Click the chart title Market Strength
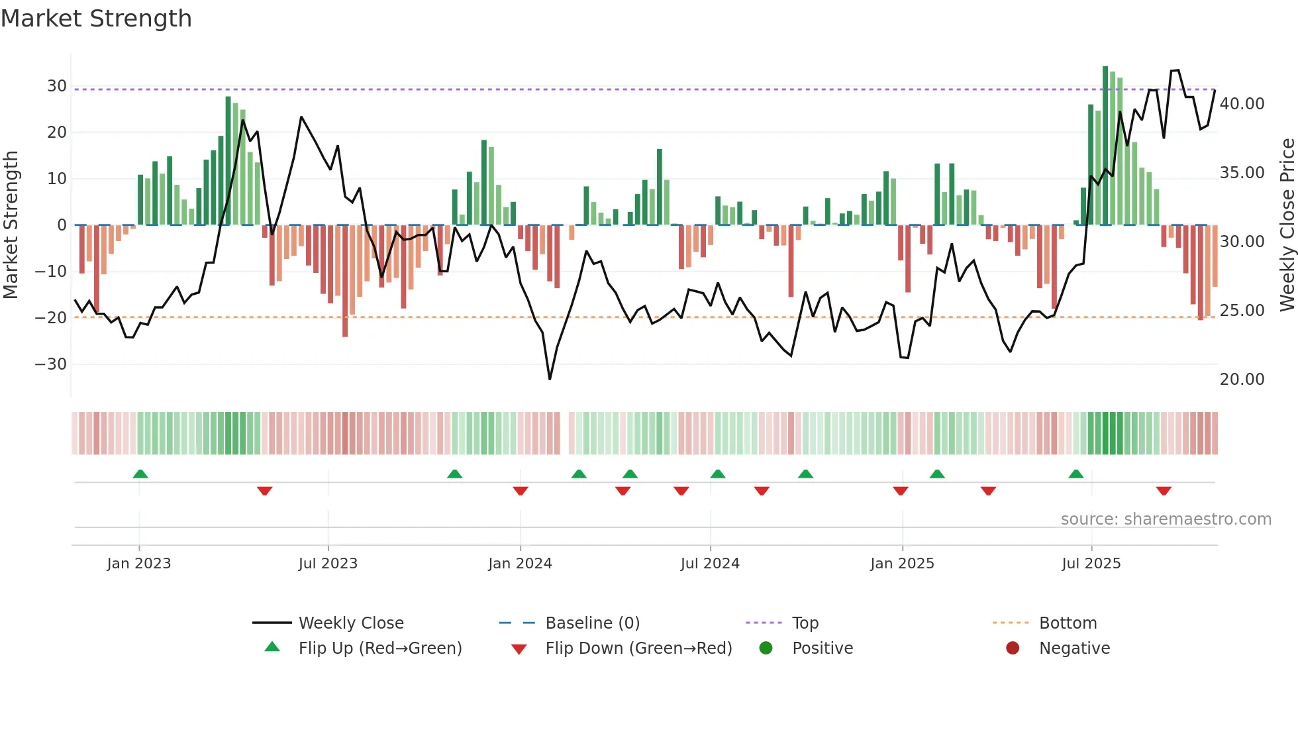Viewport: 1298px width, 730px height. click(96, 19)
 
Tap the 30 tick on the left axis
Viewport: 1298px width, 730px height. click(56, 86)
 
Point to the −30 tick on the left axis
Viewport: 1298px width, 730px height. click(51, 364)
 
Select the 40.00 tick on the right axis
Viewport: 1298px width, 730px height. click(1242, 104)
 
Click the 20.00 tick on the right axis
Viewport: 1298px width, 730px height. click(1242, 380)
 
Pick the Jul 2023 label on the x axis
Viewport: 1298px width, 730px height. click(328, 564)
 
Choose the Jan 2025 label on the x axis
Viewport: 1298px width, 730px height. click(902, 564)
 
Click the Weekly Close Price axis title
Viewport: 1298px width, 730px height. click(1287, 225)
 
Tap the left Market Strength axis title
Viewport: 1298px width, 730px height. click(11, 225)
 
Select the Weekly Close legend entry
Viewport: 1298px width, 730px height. click(350, 623)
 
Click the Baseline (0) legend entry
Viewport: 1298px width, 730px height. click(592, 623)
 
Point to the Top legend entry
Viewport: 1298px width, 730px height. click(805, 623)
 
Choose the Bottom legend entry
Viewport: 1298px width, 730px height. click(1068, 623)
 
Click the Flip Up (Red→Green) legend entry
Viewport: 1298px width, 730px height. click(379, 649)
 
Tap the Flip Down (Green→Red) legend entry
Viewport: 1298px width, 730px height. click(638, 649)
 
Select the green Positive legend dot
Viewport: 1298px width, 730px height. click(766, 649)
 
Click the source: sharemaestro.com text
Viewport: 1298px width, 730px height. click(1166, 519)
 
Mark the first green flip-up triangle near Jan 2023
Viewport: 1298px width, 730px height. click(140, 474)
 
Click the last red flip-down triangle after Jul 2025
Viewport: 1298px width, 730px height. click(1164, 491)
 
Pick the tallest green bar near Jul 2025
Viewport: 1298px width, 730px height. click(1105, 146)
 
